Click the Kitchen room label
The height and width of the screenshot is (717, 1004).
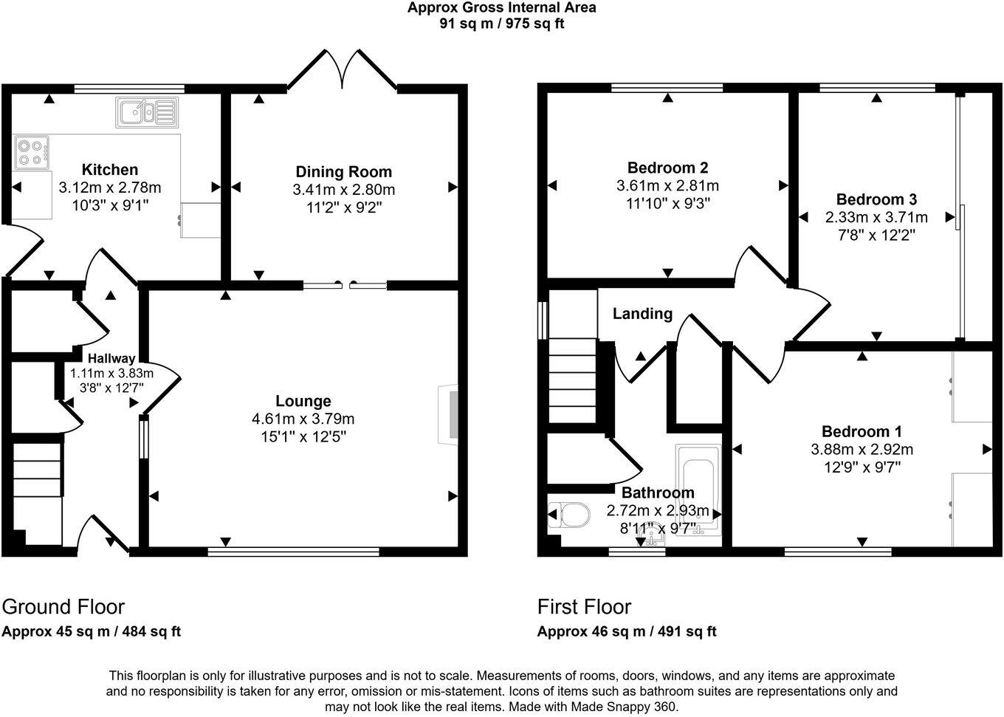pos(109,170)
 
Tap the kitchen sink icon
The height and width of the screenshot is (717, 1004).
pos(147,112)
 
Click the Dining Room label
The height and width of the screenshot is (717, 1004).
pos(343,172)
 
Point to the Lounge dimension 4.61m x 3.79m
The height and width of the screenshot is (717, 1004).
pos(303,419)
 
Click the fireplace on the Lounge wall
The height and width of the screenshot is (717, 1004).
pos(449,414)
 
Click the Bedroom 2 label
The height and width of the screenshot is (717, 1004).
pos(667,168)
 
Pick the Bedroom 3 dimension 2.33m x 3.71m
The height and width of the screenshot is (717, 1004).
pos(876,217)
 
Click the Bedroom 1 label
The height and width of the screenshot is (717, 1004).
pos(862,431)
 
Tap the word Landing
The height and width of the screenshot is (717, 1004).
pos(642,314)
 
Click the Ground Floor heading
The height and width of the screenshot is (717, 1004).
pos(63,607)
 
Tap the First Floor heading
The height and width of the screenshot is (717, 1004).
pos(584,607)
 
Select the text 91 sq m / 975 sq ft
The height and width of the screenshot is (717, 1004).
pos(502,23)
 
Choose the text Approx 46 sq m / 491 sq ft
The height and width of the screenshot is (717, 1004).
pos(627,631)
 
